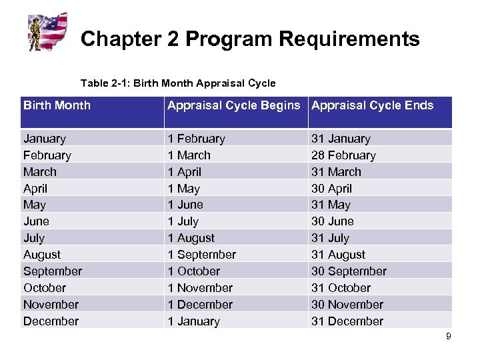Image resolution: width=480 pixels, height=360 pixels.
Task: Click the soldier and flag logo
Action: click(48, 31)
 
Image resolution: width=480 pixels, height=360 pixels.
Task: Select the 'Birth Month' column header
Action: click(57, 105)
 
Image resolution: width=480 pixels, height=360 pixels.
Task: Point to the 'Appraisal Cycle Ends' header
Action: click(372, 105)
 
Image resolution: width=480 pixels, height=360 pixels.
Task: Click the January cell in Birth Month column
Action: click(45, 139)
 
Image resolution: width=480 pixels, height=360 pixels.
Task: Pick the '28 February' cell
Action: click(343, 155)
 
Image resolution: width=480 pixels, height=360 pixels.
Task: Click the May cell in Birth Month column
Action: click(34, 205)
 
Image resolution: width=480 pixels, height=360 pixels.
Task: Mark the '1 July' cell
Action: click(183, 221)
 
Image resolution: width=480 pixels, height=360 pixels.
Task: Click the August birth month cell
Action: click(41, 255)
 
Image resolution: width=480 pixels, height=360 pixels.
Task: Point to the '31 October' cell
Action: click(341, 288)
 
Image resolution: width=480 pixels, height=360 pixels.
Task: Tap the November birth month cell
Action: click(51, 305)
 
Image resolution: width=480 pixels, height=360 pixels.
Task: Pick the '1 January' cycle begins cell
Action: click(193, 321)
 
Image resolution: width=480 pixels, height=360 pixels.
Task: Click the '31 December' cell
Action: click(347, 321)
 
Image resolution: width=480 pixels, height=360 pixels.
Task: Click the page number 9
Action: click(449, 337)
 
